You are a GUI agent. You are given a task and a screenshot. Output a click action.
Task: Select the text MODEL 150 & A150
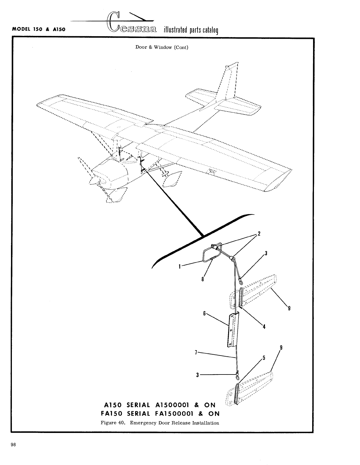pos(39,30)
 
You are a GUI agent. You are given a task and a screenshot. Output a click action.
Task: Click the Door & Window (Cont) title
pos(162,47)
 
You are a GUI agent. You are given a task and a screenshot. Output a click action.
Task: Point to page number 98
pos(13,444)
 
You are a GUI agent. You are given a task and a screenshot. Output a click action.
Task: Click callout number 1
pos(179,266)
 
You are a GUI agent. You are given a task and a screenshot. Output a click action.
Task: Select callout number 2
pos(259,234)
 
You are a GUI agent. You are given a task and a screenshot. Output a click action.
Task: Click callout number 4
pos(264,327)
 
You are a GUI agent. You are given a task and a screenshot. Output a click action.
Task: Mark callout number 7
pos(196,352)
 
